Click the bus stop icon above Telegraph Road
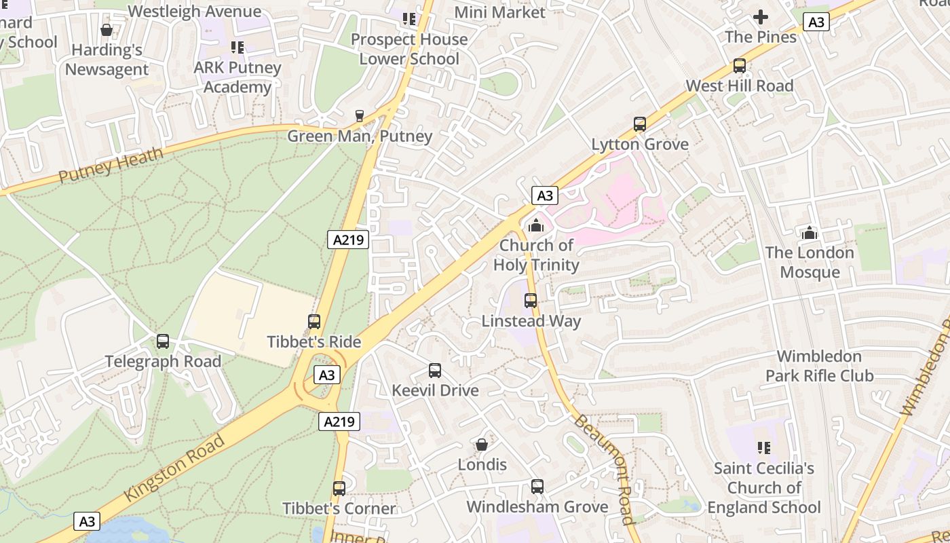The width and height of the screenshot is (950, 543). click(163, 341)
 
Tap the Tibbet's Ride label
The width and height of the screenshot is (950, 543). click(313, 341)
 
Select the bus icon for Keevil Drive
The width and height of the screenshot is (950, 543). click(435, 371)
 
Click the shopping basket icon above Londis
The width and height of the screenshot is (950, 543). click(482, 445)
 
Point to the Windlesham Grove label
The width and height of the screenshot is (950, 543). click(537, 507)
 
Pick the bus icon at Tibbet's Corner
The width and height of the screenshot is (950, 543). click(339, 488)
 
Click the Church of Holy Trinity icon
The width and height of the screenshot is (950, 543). click(537, 225)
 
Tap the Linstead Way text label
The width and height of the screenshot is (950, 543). click(531, 321)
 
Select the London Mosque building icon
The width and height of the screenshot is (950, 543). click(809, 233)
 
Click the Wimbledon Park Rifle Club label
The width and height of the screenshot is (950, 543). click(819, 366)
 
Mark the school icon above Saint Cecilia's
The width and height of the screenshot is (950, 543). click(764, 448)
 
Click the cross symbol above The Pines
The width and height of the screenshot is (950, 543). click(761, 17)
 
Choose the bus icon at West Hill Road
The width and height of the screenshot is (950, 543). click(740, 66)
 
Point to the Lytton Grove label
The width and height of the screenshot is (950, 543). click(640, 144)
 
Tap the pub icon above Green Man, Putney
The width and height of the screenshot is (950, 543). click(360, 116)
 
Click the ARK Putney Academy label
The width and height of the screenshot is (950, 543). click(237, 77)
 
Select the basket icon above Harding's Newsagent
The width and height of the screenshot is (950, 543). click(107, 30)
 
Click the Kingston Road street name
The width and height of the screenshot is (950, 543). click(174, 468)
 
